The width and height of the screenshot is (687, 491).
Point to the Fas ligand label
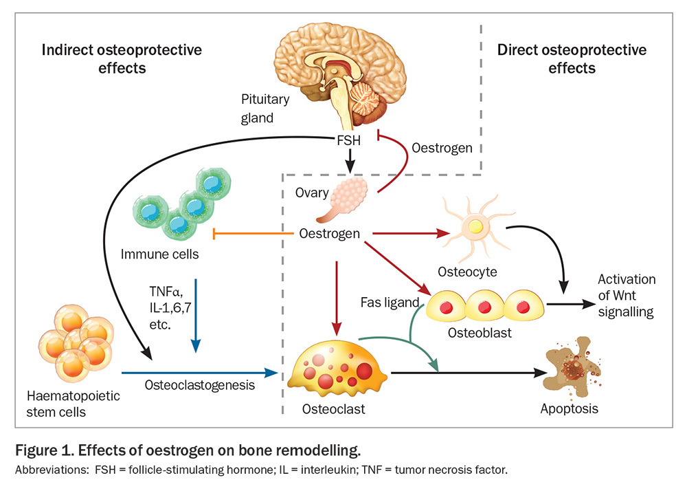(390, 302)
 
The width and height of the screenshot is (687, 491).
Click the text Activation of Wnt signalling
(626, 296)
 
